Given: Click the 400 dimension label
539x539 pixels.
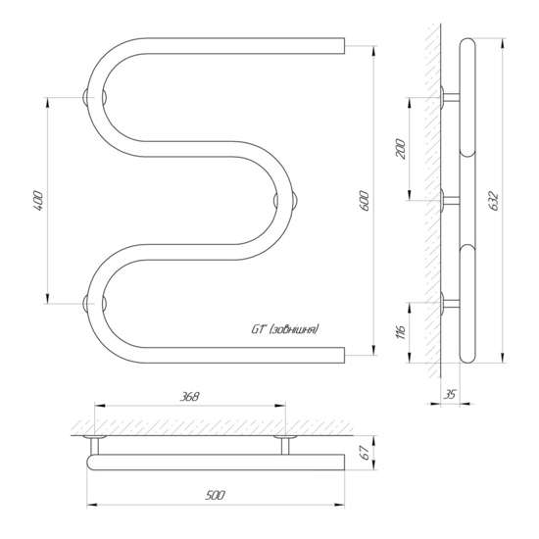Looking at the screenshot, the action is pyautogui.click(x=38, y=200).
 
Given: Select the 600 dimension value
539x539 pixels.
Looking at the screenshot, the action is pyautogui.click(x=365, y=200).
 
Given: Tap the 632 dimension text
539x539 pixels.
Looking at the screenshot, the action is pyautogui.click(x=493, y=200).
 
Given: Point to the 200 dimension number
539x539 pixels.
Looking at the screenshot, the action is pyautogui.click(x=401, y=149).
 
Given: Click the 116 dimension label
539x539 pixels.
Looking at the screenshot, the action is pyautogui.click(x=401, y=331).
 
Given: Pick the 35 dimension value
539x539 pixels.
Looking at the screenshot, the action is pyautogui.click(x=450, y=394).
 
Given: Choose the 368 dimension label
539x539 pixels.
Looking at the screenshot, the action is pyautogui.click(x=190, y=396).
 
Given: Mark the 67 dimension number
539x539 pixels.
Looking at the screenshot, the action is pyautogui.click(x=366, y=453).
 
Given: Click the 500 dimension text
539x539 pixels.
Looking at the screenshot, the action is pyautogui.click(x=216, y=495).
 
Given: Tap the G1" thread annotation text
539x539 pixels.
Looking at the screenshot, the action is pyautogui.click(x=285, y=329).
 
